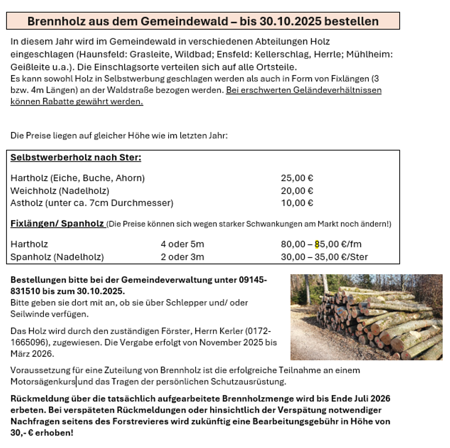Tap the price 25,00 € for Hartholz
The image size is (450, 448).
click(297, 178)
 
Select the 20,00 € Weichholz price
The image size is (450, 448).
click(297, 191)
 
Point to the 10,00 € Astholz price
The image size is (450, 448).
click(297, 203)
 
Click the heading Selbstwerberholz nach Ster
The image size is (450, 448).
click(76, 158)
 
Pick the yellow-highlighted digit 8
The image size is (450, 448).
click(317, 244)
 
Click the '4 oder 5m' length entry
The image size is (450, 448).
click(182, 244)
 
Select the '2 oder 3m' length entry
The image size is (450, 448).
click(182, 257)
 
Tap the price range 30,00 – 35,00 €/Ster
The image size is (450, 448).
click(324, 257)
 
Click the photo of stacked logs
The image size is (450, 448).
click(366, 317)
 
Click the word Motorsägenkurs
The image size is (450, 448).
click(43, 382)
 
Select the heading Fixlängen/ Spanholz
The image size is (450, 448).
click(57, 224)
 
